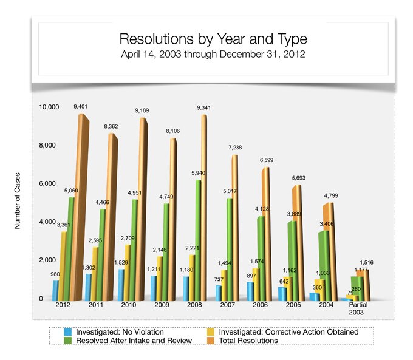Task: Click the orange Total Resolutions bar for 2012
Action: [x=81, y=206]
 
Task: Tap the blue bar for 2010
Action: [x=122, y=285]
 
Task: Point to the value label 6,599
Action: [x=266, y=160]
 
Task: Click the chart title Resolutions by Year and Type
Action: [x=213, y=39]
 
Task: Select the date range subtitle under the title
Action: [x=213, y=53]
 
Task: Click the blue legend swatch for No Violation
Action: [x=69, y=332]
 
